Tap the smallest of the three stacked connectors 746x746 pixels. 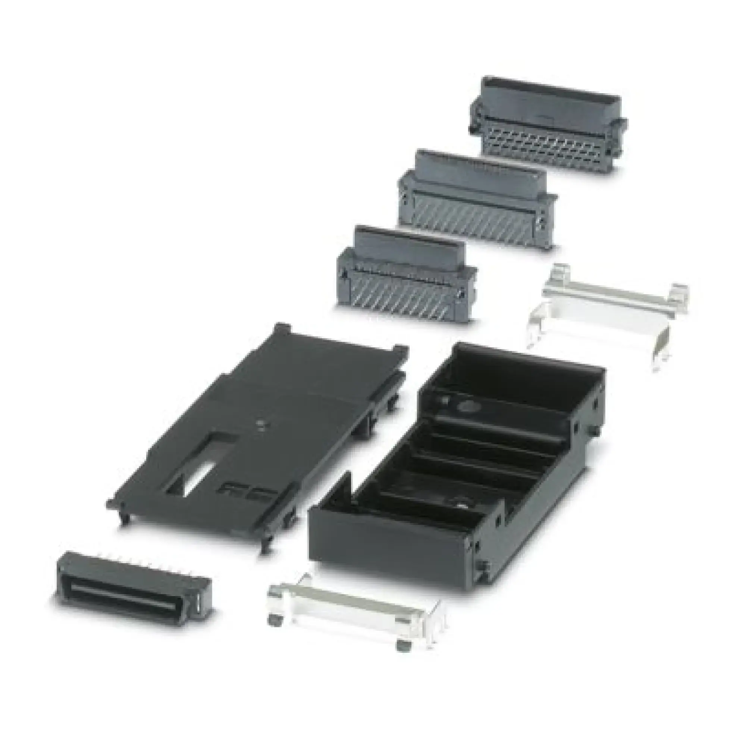coord(405,274)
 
